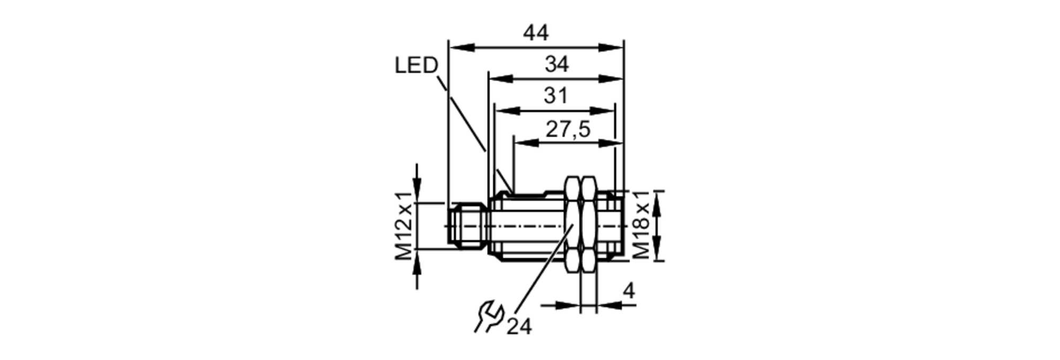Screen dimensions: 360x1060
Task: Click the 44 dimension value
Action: [x=536, y=33]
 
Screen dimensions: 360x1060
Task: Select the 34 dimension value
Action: [x=556, y=65]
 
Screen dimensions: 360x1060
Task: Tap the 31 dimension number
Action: [x=555, y=96]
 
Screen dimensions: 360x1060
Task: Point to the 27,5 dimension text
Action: [x=568, y=129]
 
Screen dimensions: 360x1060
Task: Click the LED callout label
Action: [x=416, y=66]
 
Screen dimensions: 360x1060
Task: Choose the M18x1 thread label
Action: [x=641, y=225]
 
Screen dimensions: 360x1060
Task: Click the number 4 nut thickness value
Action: [x=629, y=291]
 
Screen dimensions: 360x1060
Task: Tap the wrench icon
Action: [x=488, y=317]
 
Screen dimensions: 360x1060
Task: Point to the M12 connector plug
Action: [x=467, y=226]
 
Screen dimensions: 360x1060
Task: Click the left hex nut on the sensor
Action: [x=573, y=226]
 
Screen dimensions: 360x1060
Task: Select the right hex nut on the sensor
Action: [x=588, y=226]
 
